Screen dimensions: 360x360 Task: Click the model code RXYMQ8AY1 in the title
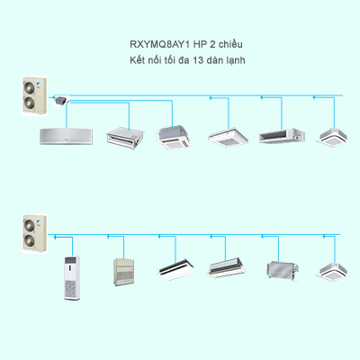click(160, 44)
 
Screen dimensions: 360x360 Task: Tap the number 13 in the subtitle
click(198, 60)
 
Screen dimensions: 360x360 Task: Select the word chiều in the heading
click(230, 44)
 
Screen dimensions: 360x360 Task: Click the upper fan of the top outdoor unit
click(30, 86)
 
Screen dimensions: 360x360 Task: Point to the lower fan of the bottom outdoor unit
click(30, 240)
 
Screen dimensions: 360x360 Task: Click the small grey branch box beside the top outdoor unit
click(61, 101)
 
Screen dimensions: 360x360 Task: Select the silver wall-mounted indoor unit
click(67, 137)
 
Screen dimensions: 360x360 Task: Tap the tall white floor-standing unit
click(72, 277)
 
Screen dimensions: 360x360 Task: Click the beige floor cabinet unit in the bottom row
click(123, 272)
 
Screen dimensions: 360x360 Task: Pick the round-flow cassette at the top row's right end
click(333, 137)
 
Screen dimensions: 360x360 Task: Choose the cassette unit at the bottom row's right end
click(333, 272)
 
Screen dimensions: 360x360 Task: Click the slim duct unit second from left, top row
click(125, 138)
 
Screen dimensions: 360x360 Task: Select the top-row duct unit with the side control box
click(282, 136)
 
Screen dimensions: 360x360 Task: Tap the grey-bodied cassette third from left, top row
click(174, 138)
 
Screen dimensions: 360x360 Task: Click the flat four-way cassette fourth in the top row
click(229, 138)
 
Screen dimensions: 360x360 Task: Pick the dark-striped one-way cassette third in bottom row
click(176, 267)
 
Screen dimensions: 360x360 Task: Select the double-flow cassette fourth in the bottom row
click(227, 267)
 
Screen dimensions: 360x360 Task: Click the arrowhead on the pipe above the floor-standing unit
click(55, 237)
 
